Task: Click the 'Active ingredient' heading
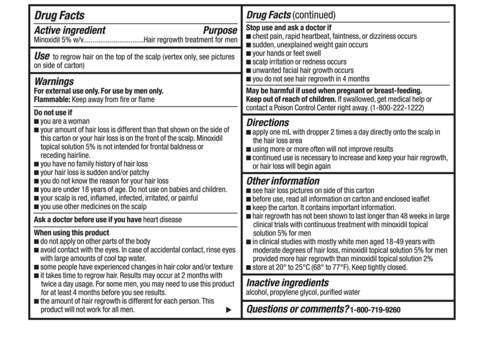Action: (69, 30)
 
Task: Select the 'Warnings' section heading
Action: (53, 81)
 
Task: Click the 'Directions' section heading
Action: (268, 122)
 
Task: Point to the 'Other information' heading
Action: (283, 181)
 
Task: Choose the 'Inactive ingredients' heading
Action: (287, 282)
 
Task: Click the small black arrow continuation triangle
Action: (228, 310)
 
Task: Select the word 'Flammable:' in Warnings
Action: (53, 98)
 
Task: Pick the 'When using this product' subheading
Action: (71, 232)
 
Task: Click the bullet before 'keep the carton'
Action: (249, 206)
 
